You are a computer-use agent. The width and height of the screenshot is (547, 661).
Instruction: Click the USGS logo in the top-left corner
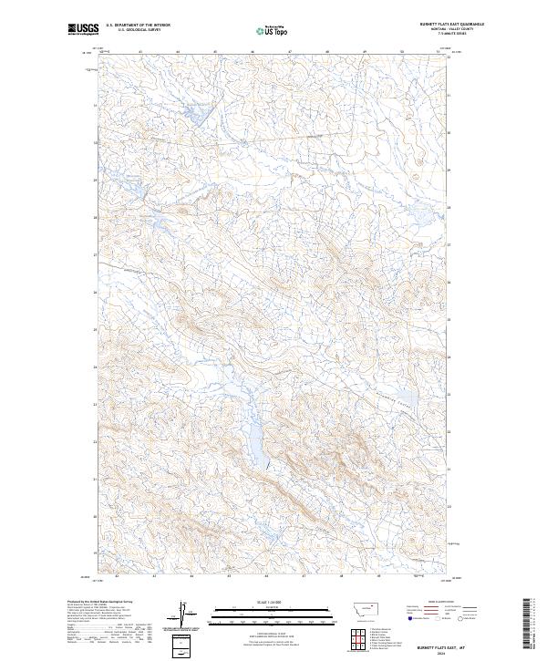(x=82, y=30)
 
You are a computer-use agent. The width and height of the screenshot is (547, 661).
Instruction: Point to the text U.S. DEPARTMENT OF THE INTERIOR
(x=138, y=25)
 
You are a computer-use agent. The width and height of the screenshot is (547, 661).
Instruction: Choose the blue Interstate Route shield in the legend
(x=409, y=618)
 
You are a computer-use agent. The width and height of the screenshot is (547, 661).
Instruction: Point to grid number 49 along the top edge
(x=364, y=52)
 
